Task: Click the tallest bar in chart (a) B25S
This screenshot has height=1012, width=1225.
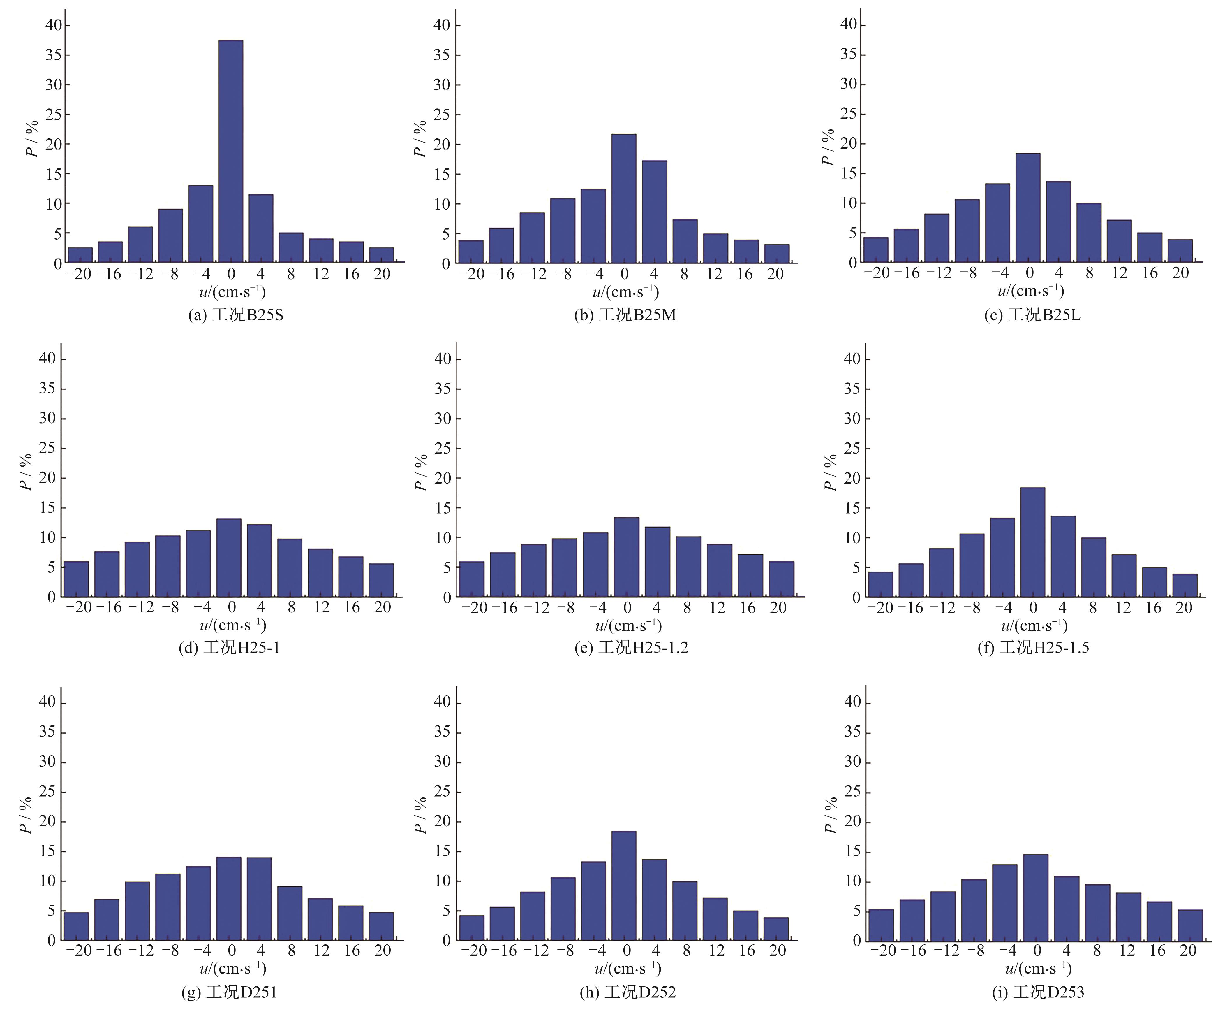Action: pos(231,152)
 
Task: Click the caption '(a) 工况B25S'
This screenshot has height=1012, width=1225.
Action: pos(236,315)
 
